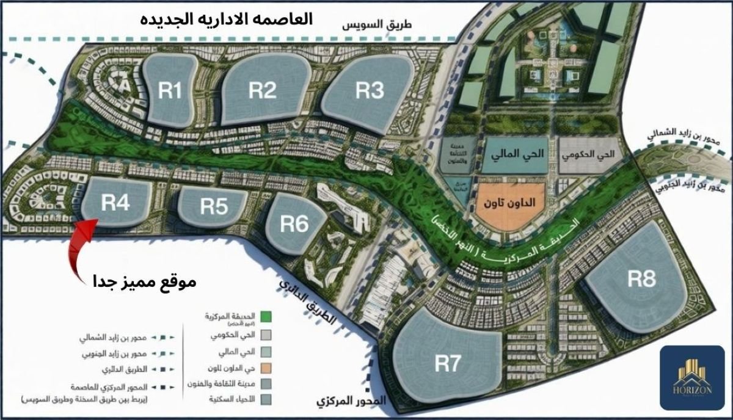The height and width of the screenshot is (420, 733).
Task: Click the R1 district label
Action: pos(170,92)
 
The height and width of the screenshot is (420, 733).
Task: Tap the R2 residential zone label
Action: pos(264,90)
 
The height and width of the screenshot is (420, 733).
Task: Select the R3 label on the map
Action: pos(370,91)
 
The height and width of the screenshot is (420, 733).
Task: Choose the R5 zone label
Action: pos(214,207)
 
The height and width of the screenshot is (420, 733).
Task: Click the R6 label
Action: pos(294,224)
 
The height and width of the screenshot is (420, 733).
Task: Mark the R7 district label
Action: pos(447,364)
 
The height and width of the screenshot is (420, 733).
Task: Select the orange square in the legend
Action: pos(266,367)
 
